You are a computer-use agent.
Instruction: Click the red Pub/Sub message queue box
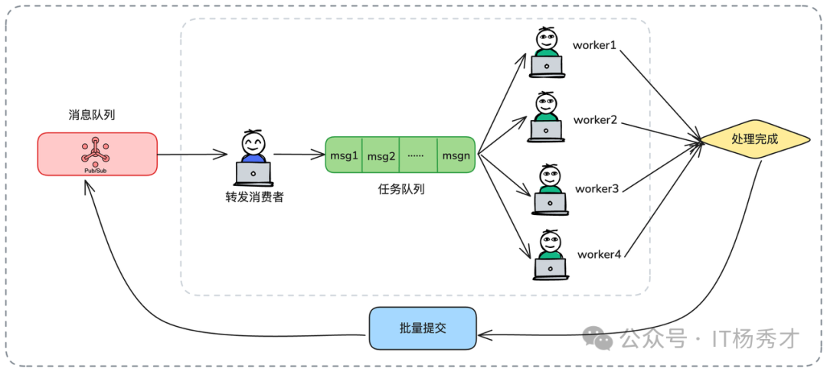coord(97,154)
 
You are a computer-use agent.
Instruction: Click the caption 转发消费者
coord(253,196)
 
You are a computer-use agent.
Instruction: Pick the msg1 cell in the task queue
coord(344,155)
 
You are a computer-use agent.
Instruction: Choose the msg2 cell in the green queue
coord(381,155)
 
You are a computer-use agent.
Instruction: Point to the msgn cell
coord(456,155)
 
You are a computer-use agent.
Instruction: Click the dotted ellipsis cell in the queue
coord(417,155)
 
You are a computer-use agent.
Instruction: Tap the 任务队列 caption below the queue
coord(400,188)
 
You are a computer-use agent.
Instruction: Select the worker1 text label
coord(594,45)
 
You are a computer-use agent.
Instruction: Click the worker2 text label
coord(595,120)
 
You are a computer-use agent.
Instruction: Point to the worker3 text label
coord(597,188)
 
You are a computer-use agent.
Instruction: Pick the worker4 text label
coord(598,254)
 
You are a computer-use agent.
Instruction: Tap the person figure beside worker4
coord(548,254)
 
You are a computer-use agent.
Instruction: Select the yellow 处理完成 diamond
coord(754,140)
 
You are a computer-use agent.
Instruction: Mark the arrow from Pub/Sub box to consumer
coord(195,155)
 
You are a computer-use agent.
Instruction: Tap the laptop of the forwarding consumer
coord(253,174)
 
